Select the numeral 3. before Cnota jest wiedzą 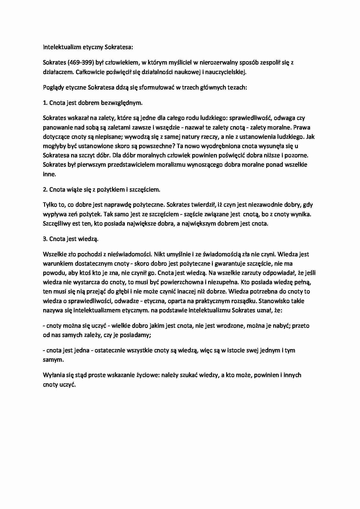coord(45,239)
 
